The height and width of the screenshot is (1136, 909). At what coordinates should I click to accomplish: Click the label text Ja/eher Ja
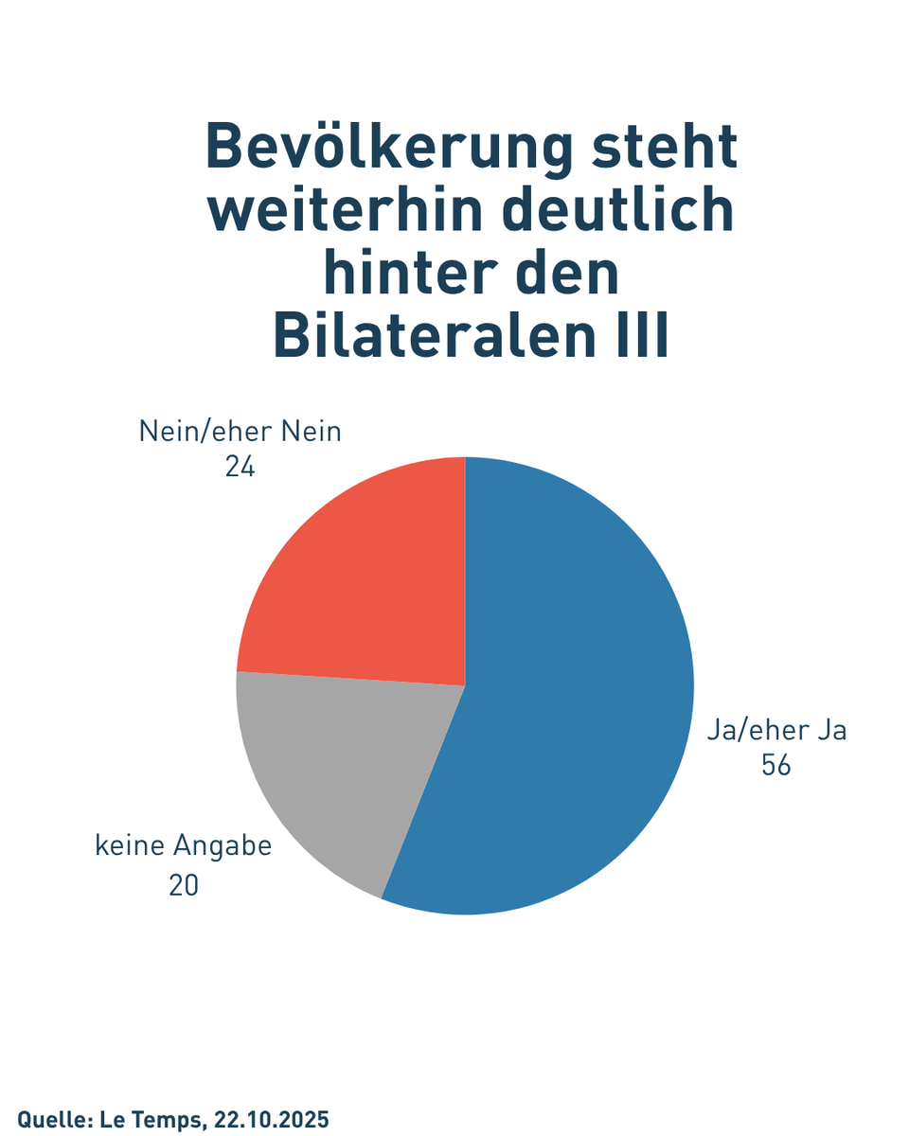776,731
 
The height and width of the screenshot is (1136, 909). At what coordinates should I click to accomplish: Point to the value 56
775,766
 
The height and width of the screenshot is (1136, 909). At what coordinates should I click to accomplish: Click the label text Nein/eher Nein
240,432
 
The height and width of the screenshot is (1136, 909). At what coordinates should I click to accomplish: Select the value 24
240,468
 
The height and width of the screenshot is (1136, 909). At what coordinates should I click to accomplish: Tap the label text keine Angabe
184,845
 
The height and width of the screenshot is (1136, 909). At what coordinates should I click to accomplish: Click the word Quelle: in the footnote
53,1120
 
